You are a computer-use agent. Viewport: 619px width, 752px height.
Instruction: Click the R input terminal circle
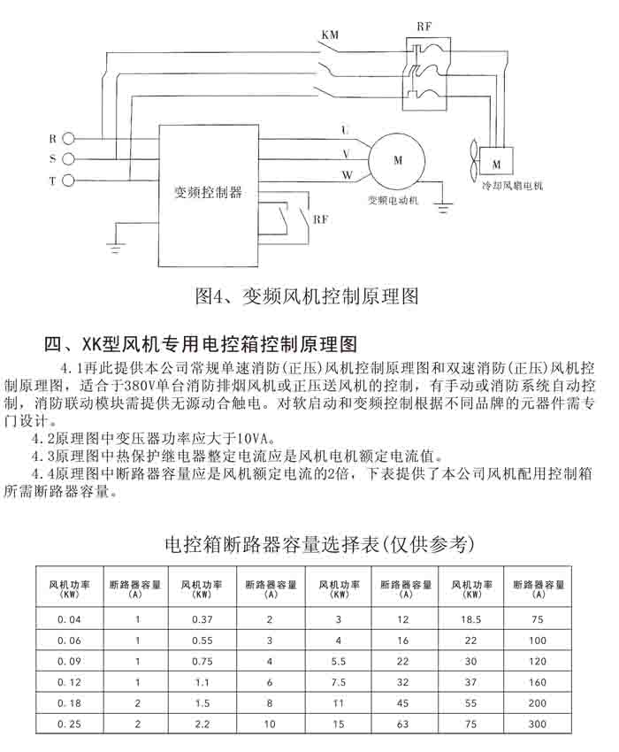pos(70,139)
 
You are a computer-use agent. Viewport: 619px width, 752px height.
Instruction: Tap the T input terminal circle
pos(70,180)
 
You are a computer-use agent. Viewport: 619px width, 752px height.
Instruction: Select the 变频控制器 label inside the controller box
pos(209,191)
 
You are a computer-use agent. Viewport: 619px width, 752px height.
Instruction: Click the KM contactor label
pos(329,35)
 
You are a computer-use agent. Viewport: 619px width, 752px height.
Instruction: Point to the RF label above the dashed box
pos(424,27)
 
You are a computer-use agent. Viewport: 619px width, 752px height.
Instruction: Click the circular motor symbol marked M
pos(397,160)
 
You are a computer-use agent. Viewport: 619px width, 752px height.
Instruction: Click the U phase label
pos(344,131)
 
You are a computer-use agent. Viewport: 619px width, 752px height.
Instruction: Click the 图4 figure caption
pos(305,295)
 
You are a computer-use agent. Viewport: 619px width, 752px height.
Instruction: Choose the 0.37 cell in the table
pos(202,619)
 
